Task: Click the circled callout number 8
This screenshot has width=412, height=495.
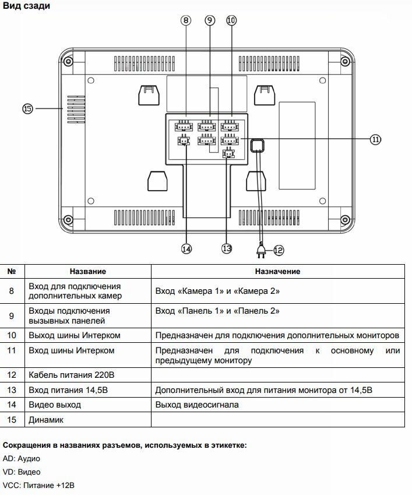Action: tap(186, 20)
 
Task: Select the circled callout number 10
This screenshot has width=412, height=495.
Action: tap(231, 20)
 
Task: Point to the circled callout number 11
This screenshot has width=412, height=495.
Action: tap(376, 139)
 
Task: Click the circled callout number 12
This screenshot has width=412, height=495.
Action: tap(278, 250)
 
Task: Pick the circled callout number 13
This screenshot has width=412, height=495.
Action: tap(227, 248)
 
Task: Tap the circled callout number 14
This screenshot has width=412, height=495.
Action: tap(186, 248)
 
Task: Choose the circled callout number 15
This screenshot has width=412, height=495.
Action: tap(27, 108)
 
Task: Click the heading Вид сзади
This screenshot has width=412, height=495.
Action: tap(26, 6)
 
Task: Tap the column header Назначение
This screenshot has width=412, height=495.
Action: tap(277, 272)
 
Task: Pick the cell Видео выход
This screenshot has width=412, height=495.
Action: tap(55, 405)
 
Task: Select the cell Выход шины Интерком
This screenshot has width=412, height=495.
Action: tap(74, 335)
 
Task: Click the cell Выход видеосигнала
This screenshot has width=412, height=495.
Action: tap(197, 405)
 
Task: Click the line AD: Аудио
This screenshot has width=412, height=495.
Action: tap(22, 458)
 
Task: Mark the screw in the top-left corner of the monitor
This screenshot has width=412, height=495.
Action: tap(68, 61)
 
